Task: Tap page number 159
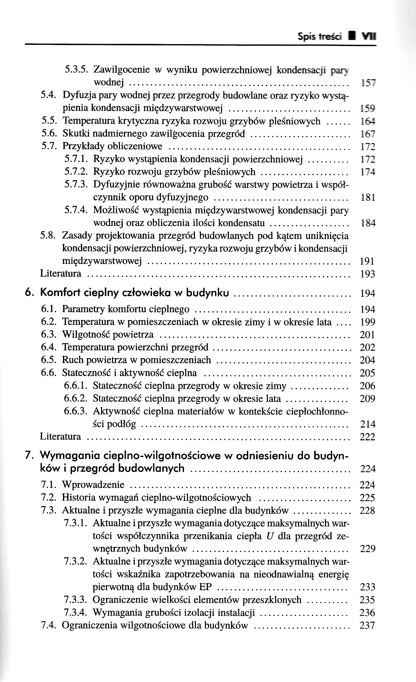[368, 108]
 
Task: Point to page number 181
[368, 198]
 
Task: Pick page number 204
[367, 360]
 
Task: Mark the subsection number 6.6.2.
[76, 399]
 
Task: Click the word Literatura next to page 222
[60, 437]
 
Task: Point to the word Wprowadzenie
[93, 485]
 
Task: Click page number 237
[367, 625]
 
